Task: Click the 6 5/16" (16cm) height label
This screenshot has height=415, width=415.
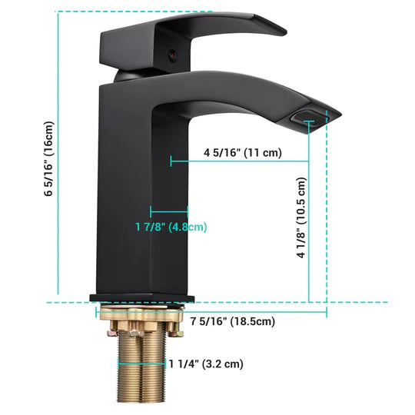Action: (x=48, y=159)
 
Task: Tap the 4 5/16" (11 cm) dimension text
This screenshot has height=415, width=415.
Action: (x=242, y=152)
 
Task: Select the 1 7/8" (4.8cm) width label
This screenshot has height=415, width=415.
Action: (x=171, y=227)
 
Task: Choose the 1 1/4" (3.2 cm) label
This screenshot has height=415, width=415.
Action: (x=205, y=364)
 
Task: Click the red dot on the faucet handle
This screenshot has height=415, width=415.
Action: (x=172, y=56)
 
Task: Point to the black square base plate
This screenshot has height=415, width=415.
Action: (x=142, y=297)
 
